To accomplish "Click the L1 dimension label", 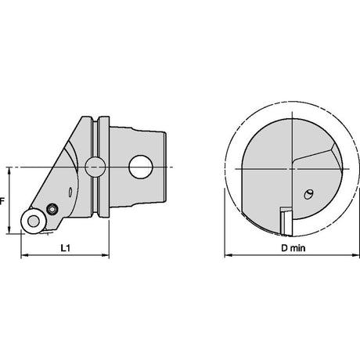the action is click(66, 248).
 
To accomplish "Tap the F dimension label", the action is click(2, 201).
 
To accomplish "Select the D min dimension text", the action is click(293, 248).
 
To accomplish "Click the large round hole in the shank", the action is click(141, 167).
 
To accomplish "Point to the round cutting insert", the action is click(33, 221).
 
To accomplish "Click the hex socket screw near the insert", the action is click(52, 209).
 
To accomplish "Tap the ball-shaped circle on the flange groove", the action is click(95, 167).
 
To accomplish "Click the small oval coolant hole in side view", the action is click(70, 193).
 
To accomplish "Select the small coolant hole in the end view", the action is click(308, 194).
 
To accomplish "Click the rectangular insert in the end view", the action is click(286, 221).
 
